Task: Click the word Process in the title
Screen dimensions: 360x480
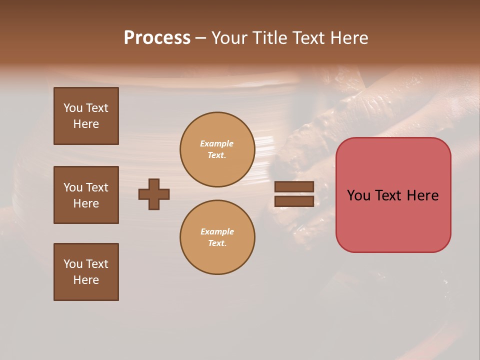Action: [x=157, y=38]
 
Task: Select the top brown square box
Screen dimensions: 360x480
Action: [x=86, y=116]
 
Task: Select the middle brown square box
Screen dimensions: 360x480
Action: [x=86, y=195]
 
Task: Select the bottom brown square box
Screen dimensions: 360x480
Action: [x=86, y=272]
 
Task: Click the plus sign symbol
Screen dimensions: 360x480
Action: [x=154, y=194]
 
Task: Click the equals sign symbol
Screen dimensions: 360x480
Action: [x=294, y=194]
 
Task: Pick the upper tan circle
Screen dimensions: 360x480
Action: [x=217, y=149]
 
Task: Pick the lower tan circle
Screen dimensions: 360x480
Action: [x=217, y=237]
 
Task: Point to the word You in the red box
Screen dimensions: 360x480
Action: [x=358, y=195]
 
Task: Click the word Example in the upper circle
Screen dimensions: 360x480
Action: [x=217, y=143]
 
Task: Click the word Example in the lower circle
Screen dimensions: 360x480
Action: [x=217, y=231]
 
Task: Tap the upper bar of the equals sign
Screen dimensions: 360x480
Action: [x=294, y=187]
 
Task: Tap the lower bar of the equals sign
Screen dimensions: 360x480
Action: [x=294, y=201]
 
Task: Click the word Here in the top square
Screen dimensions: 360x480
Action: [x=86, y=124]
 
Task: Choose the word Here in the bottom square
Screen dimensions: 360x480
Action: [x=86, y=280]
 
